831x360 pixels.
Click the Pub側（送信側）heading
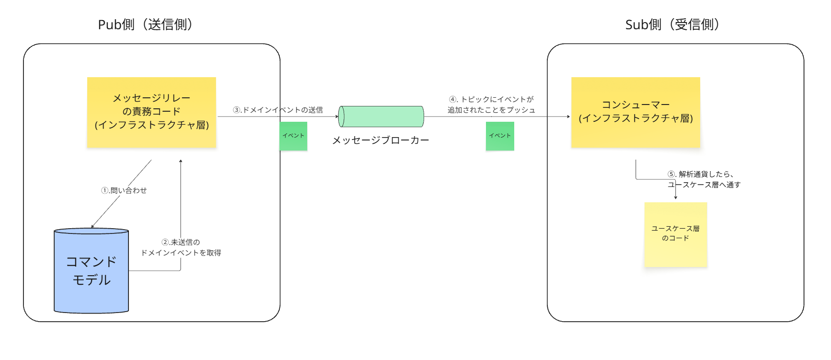point(145,24)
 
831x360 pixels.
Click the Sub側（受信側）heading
point(672,24)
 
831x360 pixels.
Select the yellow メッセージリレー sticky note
point(151,112)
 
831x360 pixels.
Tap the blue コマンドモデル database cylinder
point(91,271)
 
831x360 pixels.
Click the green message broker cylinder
point(381,116)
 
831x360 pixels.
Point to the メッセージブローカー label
point(381,140)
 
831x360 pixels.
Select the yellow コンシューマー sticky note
point(635,112)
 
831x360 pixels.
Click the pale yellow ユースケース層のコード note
point(676,234)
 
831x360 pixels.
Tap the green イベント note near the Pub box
point(293,136)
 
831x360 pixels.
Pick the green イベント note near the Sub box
point(500,136)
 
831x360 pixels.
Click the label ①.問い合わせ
point(124,190)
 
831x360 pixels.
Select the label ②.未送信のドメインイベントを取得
point(181,247)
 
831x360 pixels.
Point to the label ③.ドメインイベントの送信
point(278,110)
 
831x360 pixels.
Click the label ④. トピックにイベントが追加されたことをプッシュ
point(491,105)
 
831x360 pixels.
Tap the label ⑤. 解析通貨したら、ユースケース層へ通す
point(704,179)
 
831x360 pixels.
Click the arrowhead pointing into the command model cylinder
point(92,226)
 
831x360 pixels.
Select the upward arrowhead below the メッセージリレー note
point(181,161)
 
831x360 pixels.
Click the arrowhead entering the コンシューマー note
point(568,116)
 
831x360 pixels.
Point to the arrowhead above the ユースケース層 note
point(676,197)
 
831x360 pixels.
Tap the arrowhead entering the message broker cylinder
point(337,116)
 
